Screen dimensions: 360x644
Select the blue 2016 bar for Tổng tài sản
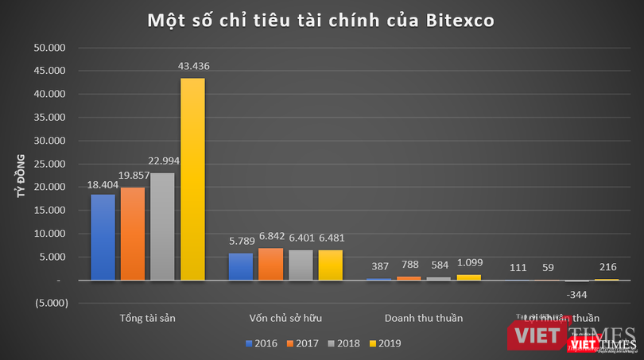click(103, 237)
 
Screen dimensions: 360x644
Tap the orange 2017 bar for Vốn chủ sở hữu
click(270, 264)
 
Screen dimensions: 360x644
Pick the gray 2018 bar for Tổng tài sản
click(162, 226)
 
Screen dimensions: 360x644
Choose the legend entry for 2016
click(261, 343)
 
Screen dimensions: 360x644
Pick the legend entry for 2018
click(343, 343)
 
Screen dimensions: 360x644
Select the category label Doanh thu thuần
click(423, 318)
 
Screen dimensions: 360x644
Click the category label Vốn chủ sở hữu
click(285, 318)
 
